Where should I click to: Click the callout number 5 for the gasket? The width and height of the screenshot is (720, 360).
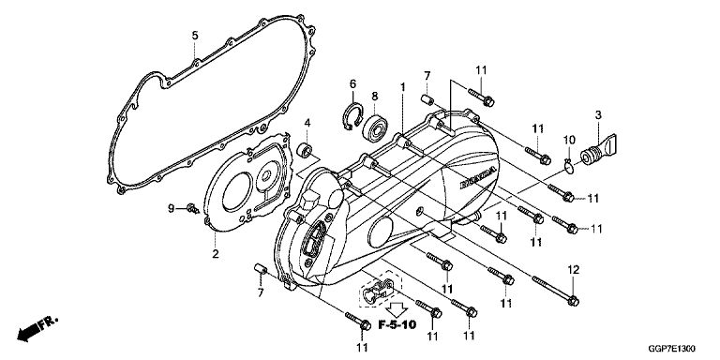(x=195, y=36)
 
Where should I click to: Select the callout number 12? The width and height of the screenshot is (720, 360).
(x=573, y=270)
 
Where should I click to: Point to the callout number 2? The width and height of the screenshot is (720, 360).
(x=216, y=254)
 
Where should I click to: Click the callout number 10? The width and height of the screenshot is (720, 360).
(x=569, y=139)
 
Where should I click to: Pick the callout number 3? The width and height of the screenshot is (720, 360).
(x=598, y=115)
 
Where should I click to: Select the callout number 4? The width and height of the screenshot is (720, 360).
(x=307, y=123)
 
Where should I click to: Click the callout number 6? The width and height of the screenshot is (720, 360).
(x=352, y=84)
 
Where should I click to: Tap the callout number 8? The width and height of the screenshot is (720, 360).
(x=375, y=97)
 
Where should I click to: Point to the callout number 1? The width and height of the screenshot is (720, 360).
(x=403, y=87)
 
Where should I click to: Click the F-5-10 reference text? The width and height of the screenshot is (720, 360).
(x=397, y=325)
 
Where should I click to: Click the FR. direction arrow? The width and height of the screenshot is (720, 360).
(x=37, y=328)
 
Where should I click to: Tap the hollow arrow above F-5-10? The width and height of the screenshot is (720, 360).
(x=396, y=308)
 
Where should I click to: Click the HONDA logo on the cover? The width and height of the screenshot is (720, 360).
(x=478, y=177)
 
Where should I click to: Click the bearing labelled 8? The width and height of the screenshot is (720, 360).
(x=376, y=127)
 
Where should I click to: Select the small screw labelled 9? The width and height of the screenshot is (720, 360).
(x=193, y=209)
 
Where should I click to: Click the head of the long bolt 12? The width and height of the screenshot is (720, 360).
(x=573, y=301)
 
